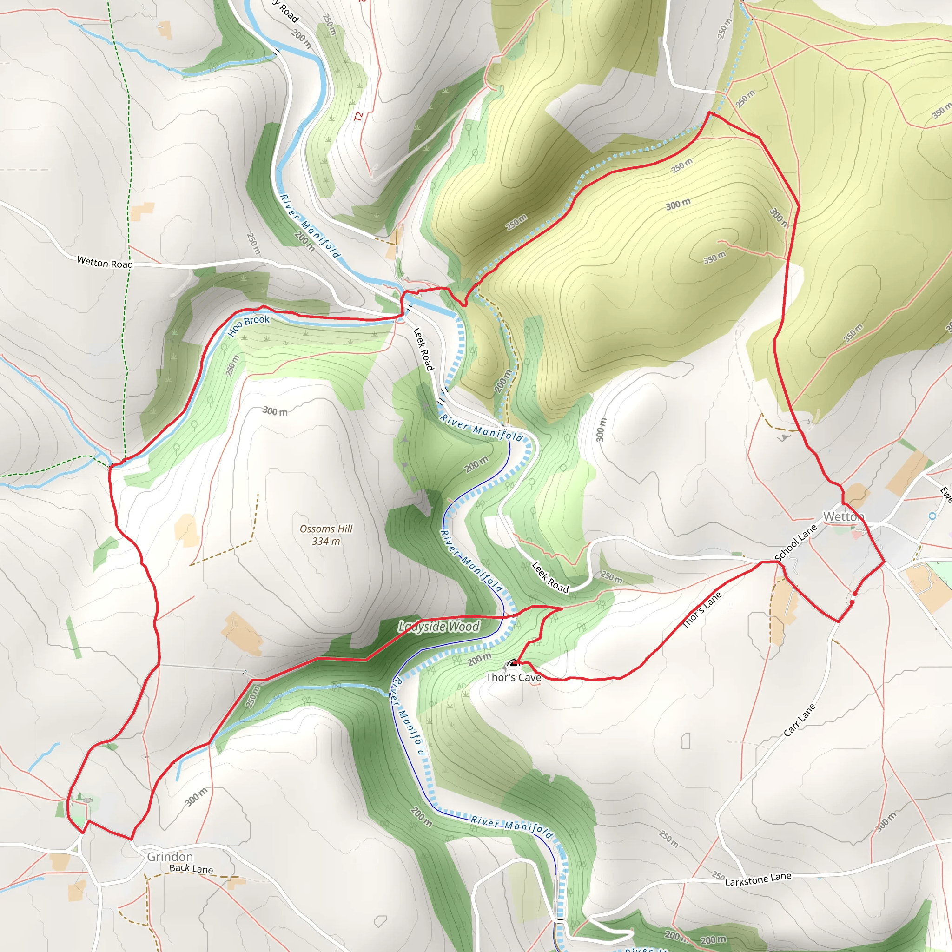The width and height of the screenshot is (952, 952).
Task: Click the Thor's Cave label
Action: click(x=513, y=678)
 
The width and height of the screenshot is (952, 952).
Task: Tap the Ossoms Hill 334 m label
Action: click(x=326, y=535)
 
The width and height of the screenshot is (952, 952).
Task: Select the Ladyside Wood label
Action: click(x=438, y=627)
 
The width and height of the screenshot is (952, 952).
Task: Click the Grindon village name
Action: click(x=170, y=857)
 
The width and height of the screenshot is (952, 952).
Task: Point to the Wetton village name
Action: click(x=843, y=516)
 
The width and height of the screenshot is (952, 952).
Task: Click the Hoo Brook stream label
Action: click(x=248, y=325)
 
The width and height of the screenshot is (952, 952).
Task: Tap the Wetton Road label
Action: click(x=105, y=263)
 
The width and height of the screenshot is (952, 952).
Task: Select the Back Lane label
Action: click(x=191, y=869)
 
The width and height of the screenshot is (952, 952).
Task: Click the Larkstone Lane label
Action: click(x=758, y=879)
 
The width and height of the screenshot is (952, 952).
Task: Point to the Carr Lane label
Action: click(x=800, y=721)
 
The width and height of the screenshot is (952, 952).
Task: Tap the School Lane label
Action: click(x=795, y=543)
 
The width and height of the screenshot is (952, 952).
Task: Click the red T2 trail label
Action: click(x=359, y=117)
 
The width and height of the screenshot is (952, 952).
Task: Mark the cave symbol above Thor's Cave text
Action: click(x=513, y=663)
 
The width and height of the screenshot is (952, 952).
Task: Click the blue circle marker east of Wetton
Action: click(x=932, y=516)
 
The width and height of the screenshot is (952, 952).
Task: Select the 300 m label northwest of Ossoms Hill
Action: click(x=275, y=411)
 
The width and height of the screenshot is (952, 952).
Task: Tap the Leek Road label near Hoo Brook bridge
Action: click(x=423, y=349)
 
